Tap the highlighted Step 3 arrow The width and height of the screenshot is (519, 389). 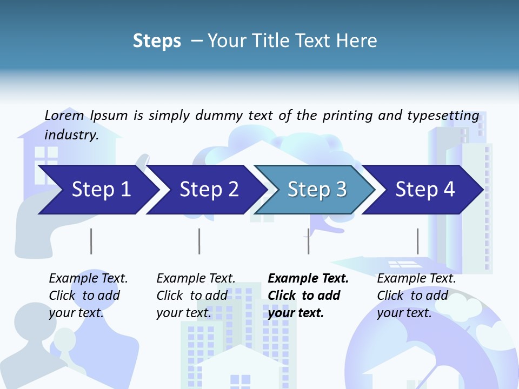pos(317,190)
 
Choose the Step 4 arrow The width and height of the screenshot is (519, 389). pos(425,190)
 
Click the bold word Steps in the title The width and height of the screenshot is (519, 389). pos(157,41)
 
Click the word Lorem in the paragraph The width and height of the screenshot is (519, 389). pos(64,116)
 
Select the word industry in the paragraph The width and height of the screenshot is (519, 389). pos(71,135)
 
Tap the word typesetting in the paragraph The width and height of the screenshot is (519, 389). pos(443,116)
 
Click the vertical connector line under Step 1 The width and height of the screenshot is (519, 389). pos(91,241)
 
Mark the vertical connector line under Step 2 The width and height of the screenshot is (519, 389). pos(199,241)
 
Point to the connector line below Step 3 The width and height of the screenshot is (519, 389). pos(308,241)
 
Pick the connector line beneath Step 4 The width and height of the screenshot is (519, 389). pos(417,241)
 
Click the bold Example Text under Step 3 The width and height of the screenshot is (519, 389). pos(308,279)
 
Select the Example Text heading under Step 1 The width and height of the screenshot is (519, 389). pos(88,279)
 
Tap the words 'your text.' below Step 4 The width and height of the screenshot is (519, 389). pos(404,313)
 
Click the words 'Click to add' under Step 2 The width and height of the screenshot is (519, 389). pos(191,296)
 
